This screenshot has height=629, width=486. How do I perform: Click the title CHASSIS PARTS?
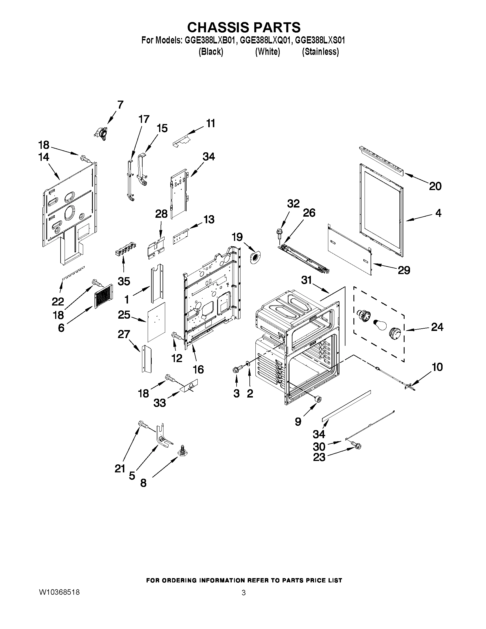(x=244, y=27)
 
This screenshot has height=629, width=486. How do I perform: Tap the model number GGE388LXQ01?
(x=264, y=40)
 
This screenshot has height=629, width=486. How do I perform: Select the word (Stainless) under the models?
(x=320, y=51)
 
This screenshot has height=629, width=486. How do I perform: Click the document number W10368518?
(x=59, y=592)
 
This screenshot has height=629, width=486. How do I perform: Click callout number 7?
(x=120, y=104)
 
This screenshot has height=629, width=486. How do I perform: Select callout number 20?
(x=435, y=186)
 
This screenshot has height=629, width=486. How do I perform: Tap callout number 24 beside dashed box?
(x=437, y=327)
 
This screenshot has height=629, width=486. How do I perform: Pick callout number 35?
(x=124, y=281)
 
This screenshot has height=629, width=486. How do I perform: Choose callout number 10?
(x=437, y=367)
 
